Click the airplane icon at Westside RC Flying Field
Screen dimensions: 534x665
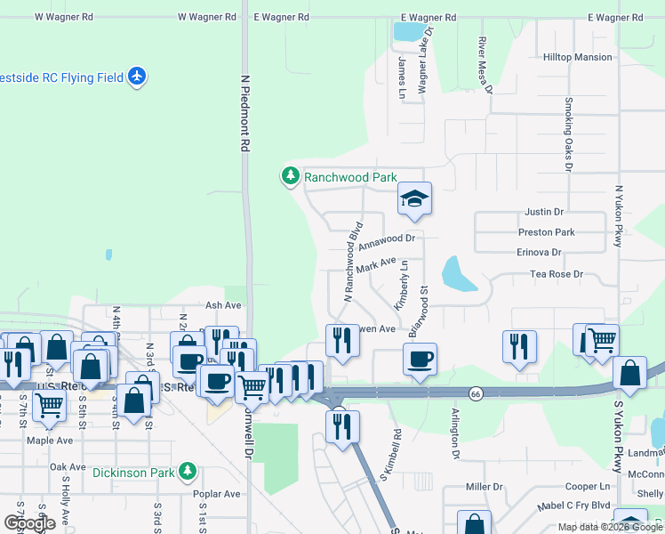tap(137, 77)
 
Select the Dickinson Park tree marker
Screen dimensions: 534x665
tap(187, 471)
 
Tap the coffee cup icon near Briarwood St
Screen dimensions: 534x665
tap(420, 360)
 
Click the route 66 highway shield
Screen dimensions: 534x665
tap(477, 392)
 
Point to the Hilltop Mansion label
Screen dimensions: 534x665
tap(577, 57)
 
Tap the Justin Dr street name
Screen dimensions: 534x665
tap(544, 213)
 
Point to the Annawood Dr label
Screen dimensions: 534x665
tap(387, 239)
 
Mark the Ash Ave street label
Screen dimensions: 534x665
tap(223, 305)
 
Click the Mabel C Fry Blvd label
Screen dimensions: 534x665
tap(576, 505)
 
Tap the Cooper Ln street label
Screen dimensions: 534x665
tap(588, 487)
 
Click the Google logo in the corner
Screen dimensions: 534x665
tap(29, 523)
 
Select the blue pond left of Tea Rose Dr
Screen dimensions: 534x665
tap(458, 275)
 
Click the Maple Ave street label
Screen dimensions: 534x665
tap(50, 441)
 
